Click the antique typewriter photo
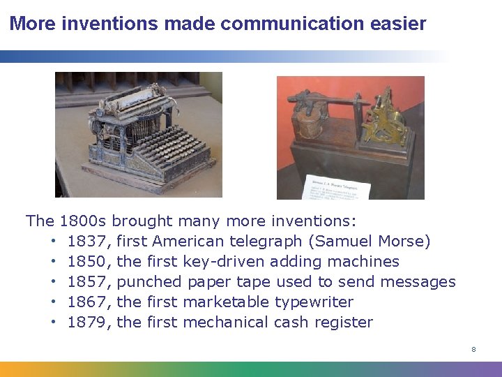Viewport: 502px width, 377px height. point(139,135)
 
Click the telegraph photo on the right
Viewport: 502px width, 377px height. point(350,138)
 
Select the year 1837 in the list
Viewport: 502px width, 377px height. point(89,242)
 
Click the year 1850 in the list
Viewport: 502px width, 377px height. point(89,262)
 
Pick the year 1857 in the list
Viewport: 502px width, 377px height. point(89,282)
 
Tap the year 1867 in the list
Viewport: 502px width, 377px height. point(89,302)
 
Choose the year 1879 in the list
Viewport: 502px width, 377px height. point(89,323)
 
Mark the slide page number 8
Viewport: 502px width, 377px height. point(473,349)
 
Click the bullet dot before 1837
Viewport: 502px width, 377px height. point(53,242)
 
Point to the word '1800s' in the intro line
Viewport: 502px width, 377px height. point(83,221)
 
